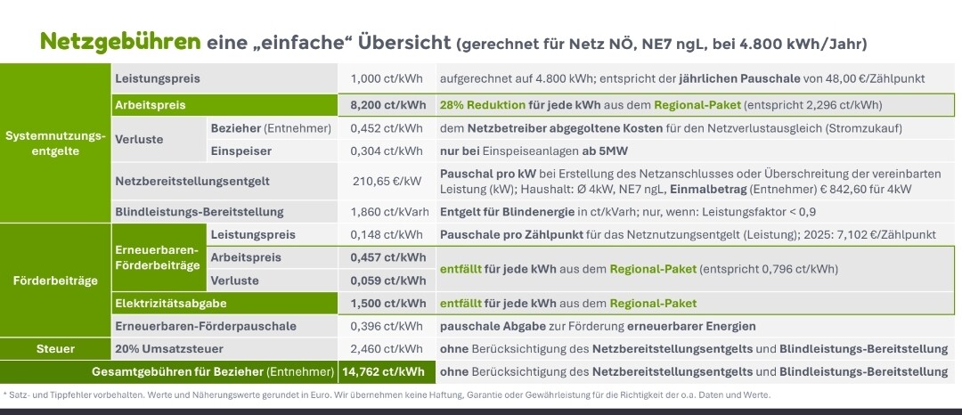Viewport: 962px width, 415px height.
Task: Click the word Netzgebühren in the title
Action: pos(120,42)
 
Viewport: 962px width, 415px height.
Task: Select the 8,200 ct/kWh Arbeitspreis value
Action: pos(387,105)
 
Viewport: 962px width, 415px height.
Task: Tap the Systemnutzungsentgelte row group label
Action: pos(55,143)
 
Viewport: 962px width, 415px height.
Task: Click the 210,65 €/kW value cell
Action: pos(387,182)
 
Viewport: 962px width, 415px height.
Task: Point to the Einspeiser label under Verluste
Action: pos(240,151)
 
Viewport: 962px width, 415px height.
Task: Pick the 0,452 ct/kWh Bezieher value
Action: pos(387,128)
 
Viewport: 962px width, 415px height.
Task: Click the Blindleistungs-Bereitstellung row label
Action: pos(200,212)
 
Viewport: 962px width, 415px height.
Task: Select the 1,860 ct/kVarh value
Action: pos(387,212)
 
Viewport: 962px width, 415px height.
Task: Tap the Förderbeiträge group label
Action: pos(55,281)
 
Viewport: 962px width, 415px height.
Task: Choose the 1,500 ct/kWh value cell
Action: pos(387,304)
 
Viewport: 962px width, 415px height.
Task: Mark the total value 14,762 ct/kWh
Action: pos(387,371)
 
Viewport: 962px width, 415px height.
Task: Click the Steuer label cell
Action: pos(55,348)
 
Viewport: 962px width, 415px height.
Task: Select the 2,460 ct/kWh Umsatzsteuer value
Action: pos(387,348)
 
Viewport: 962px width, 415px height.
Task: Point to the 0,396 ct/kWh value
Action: pos(387,326)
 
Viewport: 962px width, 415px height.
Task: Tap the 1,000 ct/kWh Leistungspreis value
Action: pos(387,78)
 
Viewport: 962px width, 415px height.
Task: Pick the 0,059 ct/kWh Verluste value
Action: pos(387,281)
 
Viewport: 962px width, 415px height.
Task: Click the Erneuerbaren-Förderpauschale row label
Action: pos(206,326)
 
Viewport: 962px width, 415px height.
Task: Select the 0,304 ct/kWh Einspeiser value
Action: pos(387,151)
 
